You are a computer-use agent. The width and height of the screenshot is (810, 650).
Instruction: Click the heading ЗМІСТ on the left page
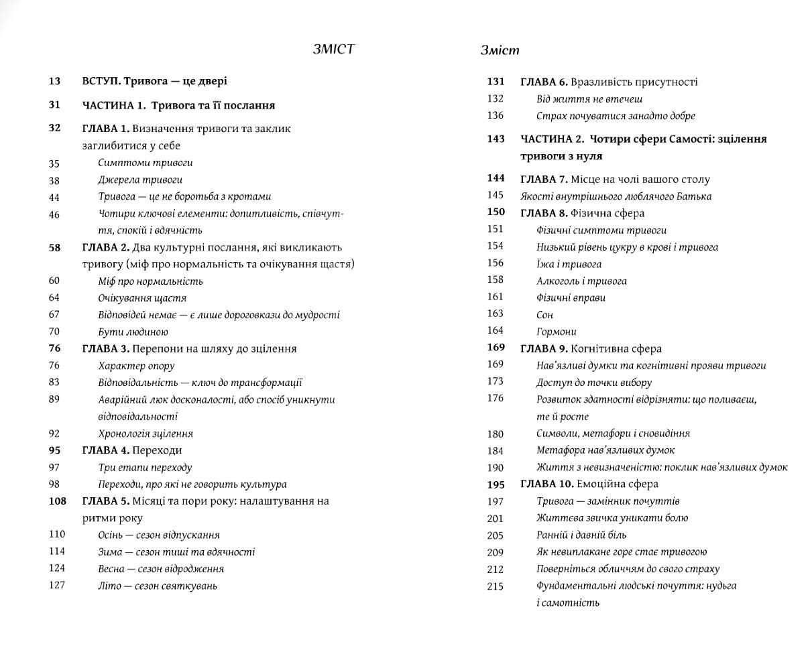coord(333,49)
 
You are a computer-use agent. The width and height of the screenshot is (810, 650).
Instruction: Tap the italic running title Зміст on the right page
coord(500,50)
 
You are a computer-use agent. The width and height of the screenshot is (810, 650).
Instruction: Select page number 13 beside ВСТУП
coord(54,81)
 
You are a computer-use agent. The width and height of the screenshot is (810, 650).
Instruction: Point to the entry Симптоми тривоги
coord(146,163)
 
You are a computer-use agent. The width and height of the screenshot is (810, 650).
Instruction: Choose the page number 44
coord(54,197)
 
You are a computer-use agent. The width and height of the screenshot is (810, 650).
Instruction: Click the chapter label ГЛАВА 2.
coord(105,247)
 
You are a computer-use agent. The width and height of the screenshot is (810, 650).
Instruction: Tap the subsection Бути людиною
coord(133,332)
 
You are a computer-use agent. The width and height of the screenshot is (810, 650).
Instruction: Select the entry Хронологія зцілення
coord(146,434)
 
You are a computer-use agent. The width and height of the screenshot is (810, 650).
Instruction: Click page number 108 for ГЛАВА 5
coord(57,501)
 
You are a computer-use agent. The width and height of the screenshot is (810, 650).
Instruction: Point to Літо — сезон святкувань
coord(158,586)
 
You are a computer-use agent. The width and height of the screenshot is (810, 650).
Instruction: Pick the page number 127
coord(57,585)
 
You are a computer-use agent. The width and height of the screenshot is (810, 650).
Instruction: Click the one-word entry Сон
coord(544,314)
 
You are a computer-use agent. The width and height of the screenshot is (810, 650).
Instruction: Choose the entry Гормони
coord(556,332)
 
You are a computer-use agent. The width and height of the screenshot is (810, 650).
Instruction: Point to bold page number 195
coord(496,484)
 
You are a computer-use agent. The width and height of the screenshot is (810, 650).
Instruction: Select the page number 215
coord(495,586)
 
